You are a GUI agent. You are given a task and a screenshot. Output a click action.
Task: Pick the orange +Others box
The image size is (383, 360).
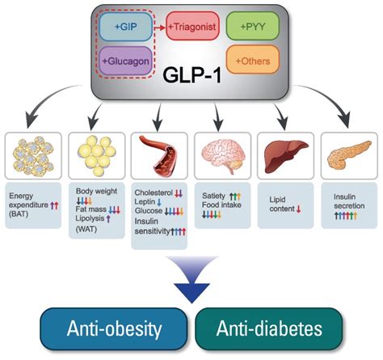click(253, 60)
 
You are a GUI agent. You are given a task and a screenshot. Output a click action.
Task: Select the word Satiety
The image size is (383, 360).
click(211, 195)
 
